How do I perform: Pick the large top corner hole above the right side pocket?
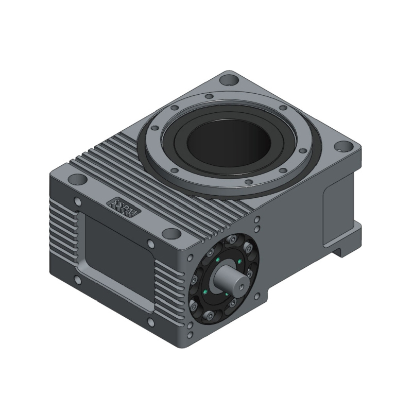point(342,146)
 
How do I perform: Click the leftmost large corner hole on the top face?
point(77,180)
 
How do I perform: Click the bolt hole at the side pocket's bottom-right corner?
point(150,322)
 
